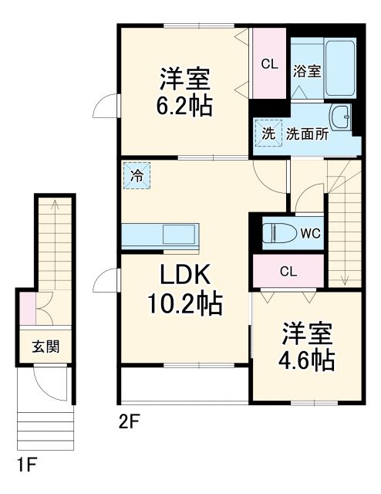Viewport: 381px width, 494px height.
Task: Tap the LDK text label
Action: [186, 275]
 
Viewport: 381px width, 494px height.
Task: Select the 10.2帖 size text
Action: [186, 303]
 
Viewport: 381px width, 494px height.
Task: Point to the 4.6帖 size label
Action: [307, 360]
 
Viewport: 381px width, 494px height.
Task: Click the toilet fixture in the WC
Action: [276, 232]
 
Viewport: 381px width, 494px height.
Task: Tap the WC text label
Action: [311, 232]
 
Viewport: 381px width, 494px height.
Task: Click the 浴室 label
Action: [306, 72]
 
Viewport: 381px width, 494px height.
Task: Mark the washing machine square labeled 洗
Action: [268, 133]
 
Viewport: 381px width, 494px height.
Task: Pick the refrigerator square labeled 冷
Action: [136, 175]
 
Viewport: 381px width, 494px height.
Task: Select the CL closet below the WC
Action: [288, 271]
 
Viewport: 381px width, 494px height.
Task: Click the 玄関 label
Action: [42, 345]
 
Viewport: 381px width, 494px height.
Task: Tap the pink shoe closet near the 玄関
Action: [28, 308]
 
